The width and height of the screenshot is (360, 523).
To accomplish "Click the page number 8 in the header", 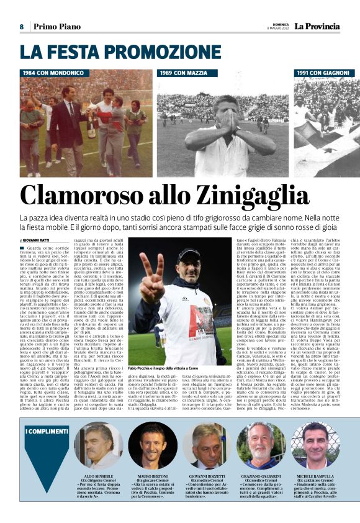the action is tap(21, 27).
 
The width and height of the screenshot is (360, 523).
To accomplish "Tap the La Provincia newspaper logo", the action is tap(317, 26).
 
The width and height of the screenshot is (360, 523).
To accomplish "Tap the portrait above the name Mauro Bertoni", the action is tap(153, 445).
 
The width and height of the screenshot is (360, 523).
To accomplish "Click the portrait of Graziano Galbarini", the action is tap(259, 445).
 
